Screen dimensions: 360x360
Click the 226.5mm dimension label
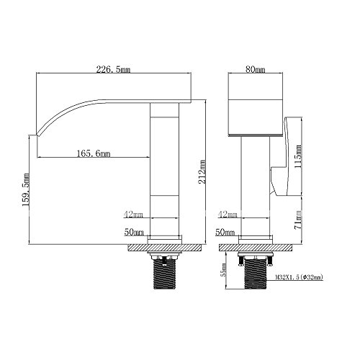pos(113,70)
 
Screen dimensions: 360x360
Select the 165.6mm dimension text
pos(94,153)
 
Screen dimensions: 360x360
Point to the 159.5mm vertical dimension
pos(26,189)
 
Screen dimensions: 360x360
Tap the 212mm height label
pos(202,172)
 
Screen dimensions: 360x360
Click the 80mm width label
pos(256,70)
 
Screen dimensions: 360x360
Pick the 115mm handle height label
pos(298,156)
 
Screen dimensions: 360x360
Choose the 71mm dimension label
pos(298,220)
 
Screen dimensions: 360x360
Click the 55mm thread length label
pos(224,269)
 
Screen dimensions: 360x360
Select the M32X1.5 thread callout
pos(299,277)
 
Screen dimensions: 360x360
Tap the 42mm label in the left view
pos(133,215)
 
